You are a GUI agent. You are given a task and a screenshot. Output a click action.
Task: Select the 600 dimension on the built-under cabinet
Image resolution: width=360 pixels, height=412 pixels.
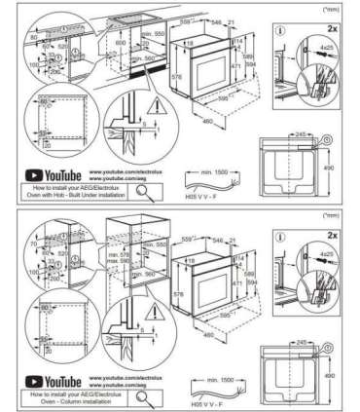[122, 44]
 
